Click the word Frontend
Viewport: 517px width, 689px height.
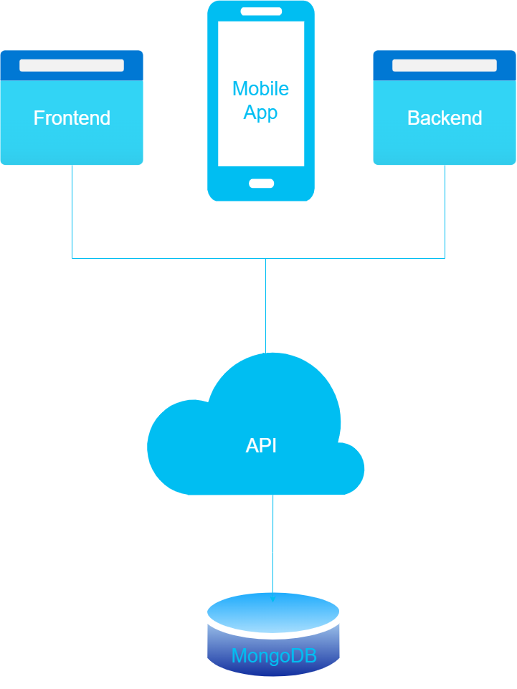[72, 118]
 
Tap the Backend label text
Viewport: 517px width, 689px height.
[445, 118]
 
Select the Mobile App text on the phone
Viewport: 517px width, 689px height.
[260, 100]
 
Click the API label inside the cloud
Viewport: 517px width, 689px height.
[261, 446]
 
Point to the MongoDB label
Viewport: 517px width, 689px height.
[274, 656]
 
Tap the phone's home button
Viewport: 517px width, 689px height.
[261, 183]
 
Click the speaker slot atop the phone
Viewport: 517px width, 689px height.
[261, 11]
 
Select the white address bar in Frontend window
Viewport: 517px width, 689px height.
[72, 65]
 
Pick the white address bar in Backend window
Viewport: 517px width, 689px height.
[445, 65]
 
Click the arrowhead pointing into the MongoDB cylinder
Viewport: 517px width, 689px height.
[272, 599]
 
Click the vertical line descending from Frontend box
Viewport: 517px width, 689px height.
[72, 212]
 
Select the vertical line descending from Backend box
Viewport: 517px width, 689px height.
[445, 212]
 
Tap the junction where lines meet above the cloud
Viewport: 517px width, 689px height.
[266, 258]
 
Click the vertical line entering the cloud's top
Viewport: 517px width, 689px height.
[266, 308]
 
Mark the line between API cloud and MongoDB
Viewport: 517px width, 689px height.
[272, 545]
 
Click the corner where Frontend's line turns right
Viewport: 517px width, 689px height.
[72, 258]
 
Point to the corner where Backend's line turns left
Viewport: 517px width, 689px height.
[445, 258]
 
